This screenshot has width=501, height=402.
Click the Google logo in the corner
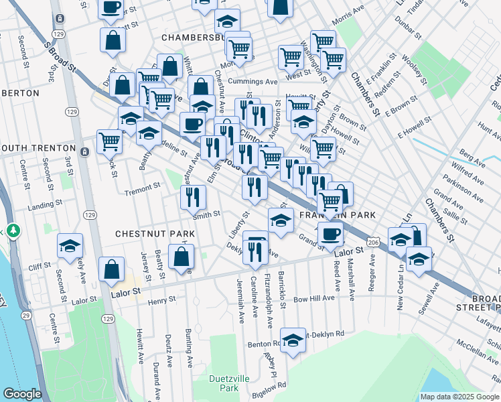22,394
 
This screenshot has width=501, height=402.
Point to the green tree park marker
13,231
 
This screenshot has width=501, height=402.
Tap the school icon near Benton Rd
293,341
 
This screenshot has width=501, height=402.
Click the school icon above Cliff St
70,246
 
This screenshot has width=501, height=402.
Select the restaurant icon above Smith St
193,196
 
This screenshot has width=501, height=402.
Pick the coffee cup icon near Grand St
330,234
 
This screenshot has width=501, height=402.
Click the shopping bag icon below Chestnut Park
182,257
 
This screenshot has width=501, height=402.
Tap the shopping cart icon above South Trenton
109,141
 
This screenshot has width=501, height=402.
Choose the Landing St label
45,202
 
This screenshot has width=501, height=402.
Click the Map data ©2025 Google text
459,396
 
